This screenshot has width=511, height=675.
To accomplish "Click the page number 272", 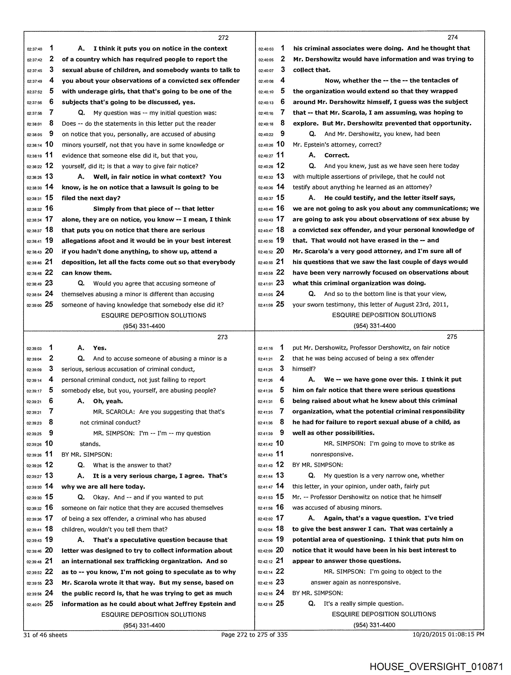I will pos(223,37).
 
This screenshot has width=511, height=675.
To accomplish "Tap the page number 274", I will pos(452,37).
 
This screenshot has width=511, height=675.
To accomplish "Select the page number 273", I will pos(222,337).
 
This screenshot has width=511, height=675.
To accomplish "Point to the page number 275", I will pos(452,337).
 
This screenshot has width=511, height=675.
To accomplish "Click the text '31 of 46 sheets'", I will pos(45,635).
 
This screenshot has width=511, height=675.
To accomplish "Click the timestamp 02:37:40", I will pos(34,49).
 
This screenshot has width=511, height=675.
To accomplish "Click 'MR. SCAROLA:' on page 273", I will pos(114,412).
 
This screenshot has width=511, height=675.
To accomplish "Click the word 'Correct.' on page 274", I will pos(337,155).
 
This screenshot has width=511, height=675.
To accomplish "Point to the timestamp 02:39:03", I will pos(34,348).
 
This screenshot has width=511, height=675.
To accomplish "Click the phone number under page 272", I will pos(144,326).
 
